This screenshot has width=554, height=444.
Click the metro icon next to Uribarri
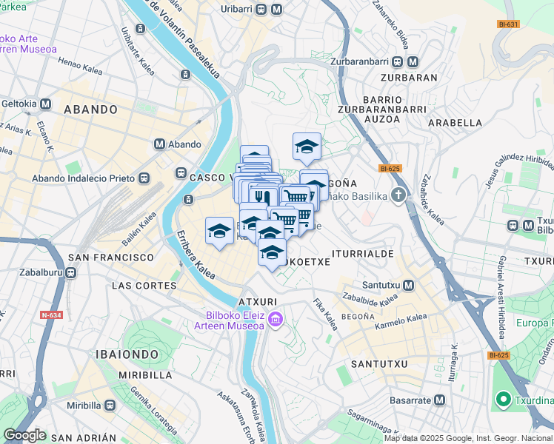[276, 10]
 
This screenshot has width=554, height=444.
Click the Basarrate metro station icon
[439, 400]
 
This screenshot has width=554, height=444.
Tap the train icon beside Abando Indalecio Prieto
[143, 178]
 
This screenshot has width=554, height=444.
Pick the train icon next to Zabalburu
[70, 272]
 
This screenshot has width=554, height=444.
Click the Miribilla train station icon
[110, 406]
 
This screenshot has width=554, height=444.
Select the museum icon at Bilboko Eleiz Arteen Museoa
[276, 320]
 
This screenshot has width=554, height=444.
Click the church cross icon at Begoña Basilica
[399, 195]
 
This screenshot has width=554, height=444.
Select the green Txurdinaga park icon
[502, 400]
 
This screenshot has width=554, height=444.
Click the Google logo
[24, 434]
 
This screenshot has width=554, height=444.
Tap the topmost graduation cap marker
[307, 147]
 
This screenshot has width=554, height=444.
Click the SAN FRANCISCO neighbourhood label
[110, 258]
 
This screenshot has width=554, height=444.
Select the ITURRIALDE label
[363, 253]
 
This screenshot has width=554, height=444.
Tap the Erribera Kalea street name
[196, 256]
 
